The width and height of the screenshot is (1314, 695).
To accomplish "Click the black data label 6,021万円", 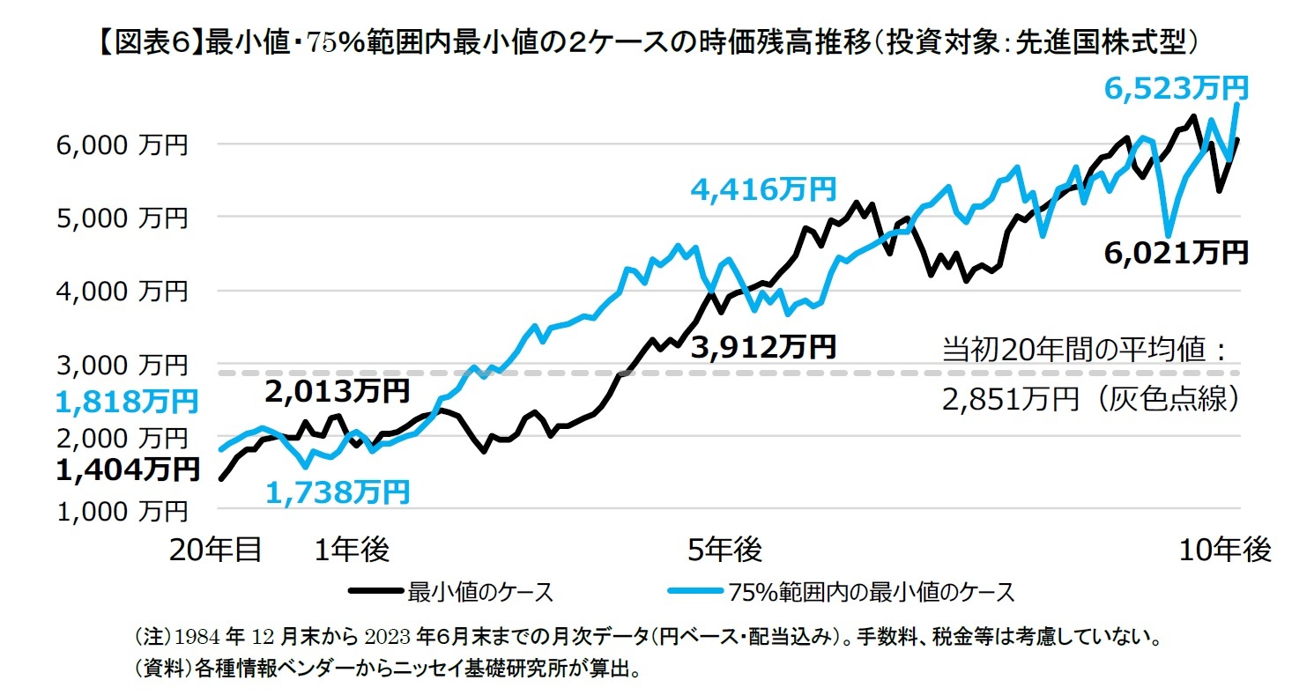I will point(1176,253).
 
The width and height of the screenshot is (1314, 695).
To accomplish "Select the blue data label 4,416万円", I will point(763,189).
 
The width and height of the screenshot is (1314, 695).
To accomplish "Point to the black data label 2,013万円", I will point(337,390).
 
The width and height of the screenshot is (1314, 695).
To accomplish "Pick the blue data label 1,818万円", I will point(126,403).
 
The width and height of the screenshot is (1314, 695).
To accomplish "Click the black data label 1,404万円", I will point(126,470).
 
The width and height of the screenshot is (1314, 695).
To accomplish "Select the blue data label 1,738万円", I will point(338,492).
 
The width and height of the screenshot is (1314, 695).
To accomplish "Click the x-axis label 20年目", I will point(216,550).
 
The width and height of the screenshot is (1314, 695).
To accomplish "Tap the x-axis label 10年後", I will point(1226,550).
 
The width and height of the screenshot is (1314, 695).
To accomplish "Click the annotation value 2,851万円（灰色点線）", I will point(1092,401).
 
